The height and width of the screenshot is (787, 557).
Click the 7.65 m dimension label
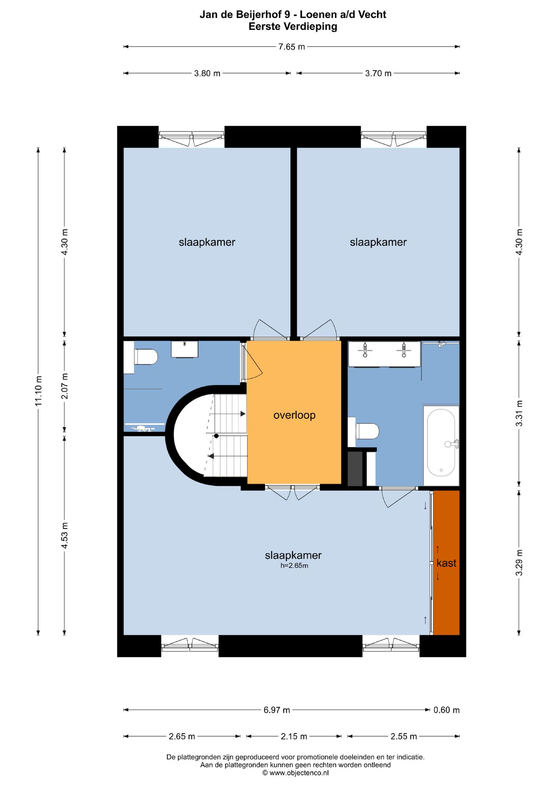(291, 47)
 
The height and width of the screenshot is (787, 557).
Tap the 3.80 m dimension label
(207, 73)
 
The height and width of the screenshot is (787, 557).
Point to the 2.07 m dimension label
(64, 386)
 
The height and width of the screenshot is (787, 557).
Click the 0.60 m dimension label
(447, 710)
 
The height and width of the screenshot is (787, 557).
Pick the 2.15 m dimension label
(294, 736)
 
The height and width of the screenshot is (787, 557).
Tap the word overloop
(294, 415)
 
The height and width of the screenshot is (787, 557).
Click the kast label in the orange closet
(446, 563)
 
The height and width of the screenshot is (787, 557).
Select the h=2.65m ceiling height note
(294, 565)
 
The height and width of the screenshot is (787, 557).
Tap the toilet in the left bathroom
(146, 357)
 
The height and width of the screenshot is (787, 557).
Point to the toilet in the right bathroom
(367, 431)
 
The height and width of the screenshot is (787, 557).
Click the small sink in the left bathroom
(185, 349)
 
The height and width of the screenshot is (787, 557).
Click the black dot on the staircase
(216, 436)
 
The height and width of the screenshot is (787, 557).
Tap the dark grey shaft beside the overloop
(355, 469)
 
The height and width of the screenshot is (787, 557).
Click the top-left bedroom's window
(191, 139)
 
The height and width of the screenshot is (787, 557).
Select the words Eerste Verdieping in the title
(293, 27)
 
